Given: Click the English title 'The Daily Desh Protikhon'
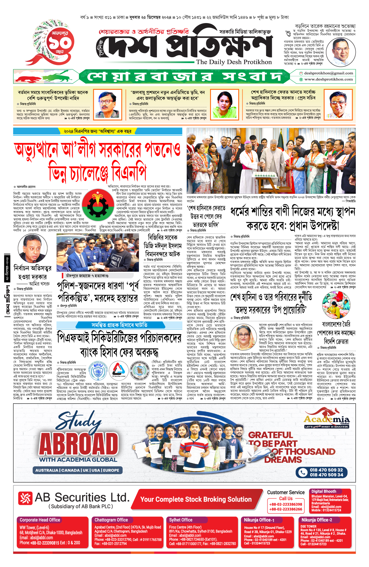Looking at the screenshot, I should (234, 62).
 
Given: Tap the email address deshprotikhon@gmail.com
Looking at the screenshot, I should (328, 73).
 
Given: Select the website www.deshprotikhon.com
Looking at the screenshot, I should (328, 79).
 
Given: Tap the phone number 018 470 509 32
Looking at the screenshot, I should (326, 470).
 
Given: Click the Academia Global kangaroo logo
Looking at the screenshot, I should (327, 418).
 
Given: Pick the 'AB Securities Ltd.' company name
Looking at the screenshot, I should (82, 497).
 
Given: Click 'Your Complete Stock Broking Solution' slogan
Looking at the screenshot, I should (196, 499).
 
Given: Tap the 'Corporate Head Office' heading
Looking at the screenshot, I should (40, 520).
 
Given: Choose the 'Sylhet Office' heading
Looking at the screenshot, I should (181, 520).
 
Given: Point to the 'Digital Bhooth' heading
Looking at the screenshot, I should (324, 491).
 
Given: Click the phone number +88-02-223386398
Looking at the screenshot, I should (286, 505).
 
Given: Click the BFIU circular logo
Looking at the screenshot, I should (98, 370).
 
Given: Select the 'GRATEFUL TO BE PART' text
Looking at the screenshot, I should (271, 439).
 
